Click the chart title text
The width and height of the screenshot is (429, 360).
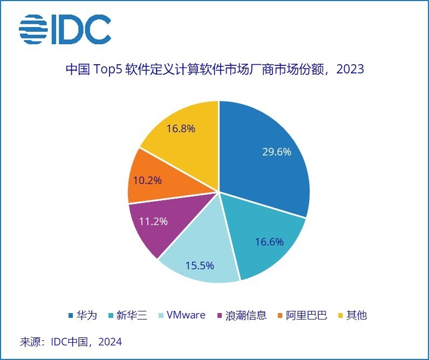(x=214, y=70)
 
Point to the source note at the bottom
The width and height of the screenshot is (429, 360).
(x=71, y=342)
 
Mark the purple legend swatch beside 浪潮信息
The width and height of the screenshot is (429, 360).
(x=219, y=316)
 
